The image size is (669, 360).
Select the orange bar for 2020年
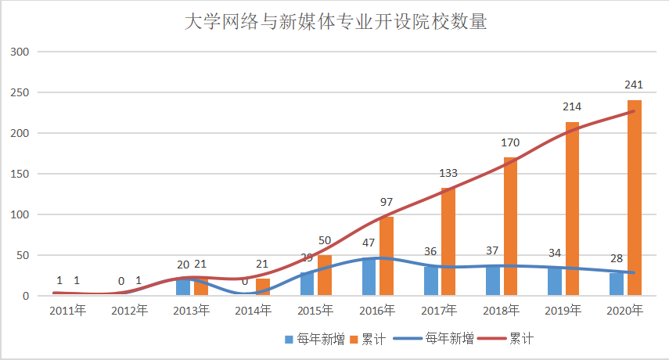634,198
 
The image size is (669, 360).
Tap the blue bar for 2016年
369,277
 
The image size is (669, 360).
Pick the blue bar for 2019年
555,282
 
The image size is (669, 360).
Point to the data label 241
634,85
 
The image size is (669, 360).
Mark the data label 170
510,143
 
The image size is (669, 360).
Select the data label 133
448,173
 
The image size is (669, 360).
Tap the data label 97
387,202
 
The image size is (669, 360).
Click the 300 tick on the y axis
19,52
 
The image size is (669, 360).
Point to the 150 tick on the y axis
19,174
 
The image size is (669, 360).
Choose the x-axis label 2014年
253,311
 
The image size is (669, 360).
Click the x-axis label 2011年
67,311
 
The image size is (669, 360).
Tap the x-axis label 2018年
501,311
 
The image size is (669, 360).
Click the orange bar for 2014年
263,287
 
